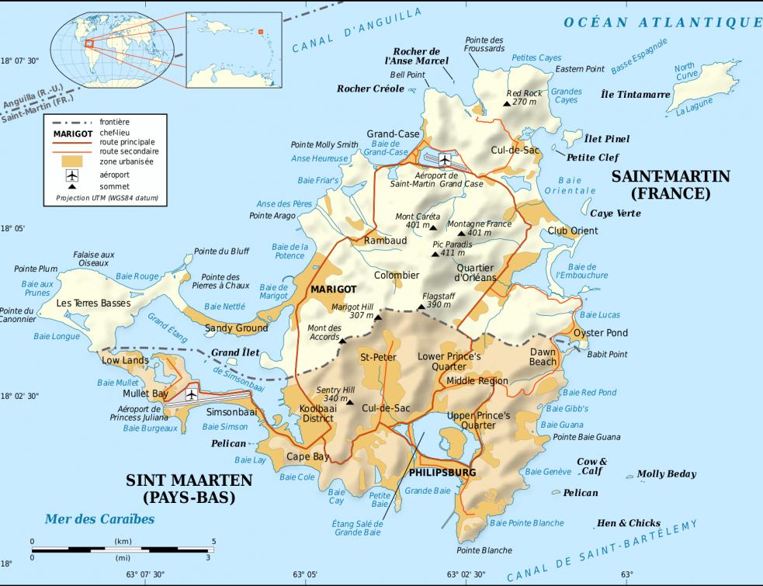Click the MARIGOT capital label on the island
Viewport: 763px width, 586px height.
(x=333, y=289)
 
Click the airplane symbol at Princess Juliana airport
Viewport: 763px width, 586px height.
(x=191, y=394)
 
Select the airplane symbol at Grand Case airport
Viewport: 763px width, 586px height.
(x=444, y=160)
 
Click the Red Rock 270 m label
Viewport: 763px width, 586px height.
(x=522, y=97)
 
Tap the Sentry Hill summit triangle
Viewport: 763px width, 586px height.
(x=350, y=402)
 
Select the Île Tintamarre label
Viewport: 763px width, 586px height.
(x=636, y=95)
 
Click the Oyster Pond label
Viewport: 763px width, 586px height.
(x=600, y=333)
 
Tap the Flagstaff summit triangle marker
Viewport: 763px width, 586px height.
(x=421, y=307)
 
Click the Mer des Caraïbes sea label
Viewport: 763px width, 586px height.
(x=99, y=519)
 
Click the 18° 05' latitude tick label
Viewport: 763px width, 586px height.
(x=12, y=229)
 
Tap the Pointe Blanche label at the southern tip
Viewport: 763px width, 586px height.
(x=484, y=550)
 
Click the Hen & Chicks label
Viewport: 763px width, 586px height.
(x=629, y=523)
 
